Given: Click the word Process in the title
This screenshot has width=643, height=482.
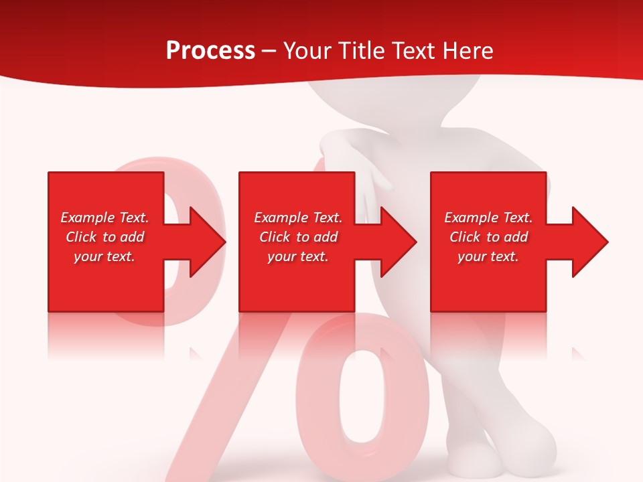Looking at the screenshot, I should click(x=210, y=51).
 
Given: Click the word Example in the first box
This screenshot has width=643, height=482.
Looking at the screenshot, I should click(x=87, y=218).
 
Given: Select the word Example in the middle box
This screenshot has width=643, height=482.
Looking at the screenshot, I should click(x=281, y=218).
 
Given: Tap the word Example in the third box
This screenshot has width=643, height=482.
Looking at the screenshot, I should click(x=471, y=218).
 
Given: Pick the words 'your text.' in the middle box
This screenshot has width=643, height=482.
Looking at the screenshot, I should click(x=298, y=256).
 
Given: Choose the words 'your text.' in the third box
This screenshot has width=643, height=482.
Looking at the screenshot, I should click(x=488, y=256).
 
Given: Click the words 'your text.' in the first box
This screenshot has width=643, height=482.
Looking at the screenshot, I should click(x=104, y=256).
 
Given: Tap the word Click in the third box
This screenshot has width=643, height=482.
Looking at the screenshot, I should click(x=466, y=237).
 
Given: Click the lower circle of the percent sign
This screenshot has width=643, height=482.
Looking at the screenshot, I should click(x=362, y=395).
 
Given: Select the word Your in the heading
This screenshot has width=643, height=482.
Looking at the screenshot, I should click(x=305, y=51).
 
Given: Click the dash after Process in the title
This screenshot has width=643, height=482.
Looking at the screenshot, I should click(x=269, y=52).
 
